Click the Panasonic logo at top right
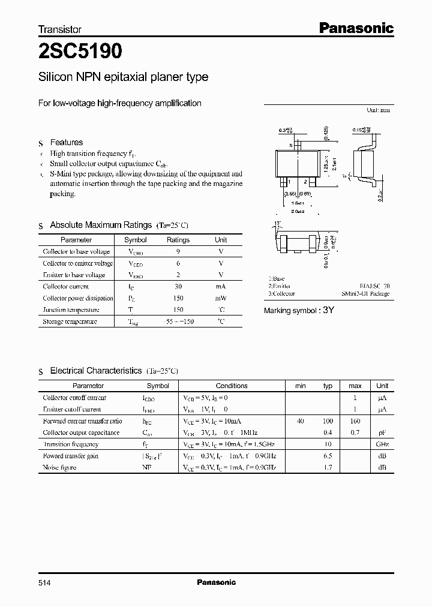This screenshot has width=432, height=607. pos(355,28)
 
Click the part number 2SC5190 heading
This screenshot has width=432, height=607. pos(80,52)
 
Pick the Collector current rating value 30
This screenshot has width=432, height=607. pos(178,286)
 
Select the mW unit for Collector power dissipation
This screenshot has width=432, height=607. pos(221,298)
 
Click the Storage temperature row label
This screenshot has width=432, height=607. pos(70,321)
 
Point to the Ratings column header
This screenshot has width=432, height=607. pos(178,239)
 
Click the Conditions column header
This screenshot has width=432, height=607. pos(232,386)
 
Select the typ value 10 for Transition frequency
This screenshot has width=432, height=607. pos(328,444)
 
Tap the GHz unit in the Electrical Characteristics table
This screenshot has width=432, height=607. pos(382,444)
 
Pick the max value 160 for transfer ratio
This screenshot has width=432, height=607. pos(355,421)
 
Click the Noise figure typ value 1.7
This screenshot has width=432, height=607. pos(328,467)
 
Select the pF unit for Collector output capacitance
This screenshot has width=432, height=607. pos(382,432)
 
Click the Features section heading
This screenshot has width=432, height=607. pos(66,142)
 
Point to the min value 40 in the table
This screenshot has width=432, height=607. pos(300,421)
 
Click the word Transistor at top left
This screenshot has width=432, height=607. pos(60,29)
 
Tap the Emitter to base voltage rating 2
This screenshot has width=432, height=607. pos(178,275)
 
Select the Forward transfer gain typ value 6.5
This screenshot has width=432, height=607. pos(328,456)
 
